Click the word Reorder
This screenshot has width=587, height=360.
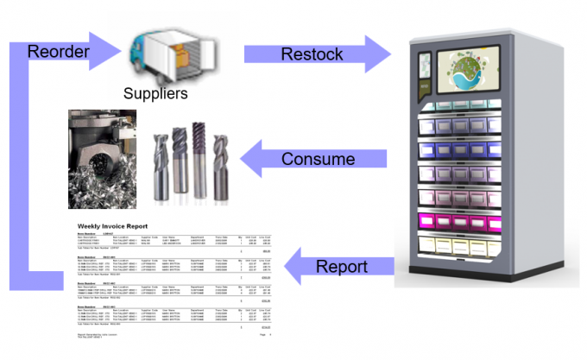[x=59, y=52]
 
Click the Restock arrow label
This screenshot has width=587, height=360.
[x=312, y=54]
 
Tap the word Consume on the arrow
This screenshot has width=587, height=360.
[x=318, y=160]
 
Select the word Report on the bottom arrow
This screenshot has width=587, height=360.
[x=342, y=266]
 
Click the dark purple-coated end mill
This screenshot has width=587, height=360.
[x=199, y=160]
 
